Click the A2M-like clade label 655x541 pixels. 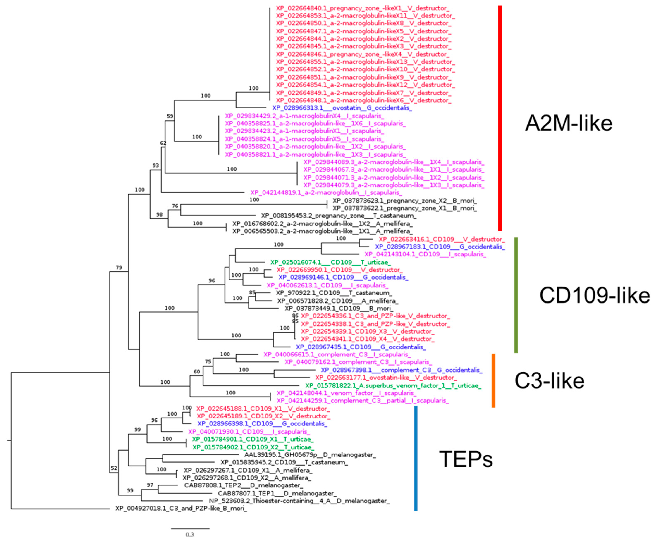pos(568,123)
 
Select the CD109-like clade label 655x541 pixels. pos(594,296)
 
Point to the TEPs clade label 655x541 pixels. pos(466,459)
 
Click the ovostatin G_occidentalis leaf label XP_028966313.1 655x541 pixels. pos(342,108)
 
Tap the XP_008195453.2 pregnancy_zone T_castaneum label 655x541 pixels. pos(338,216)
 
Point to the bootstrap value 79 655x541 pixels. pos(119,267)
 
